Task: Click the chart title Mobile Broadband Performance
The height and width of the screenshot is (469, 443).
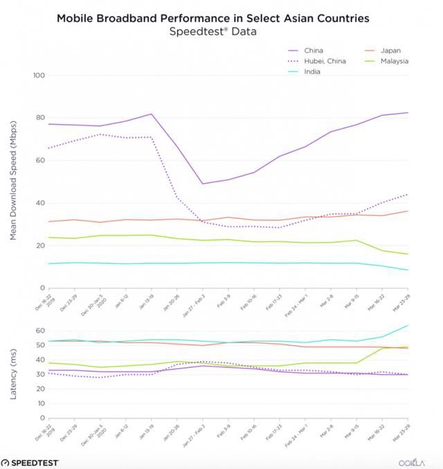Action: click(x=221, y=17)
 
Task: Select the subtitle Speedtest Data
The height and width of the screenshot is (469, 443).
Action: click(x=221, y=31)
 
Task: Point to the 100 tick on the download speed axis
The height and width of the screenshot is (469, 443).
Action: click(x=38, y=75)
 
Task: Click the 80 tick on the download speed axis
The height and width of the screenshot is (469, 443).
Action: click(x=39, y=118)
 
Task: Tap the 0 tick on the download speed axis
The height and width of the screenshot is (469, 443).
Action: click(x=42, y=288)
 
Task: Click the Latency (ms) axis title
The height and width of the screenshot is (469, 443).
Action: click(x=12, y=374)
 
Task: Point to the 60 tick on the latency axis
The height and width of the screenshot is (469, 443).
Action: click(x=39, y=330)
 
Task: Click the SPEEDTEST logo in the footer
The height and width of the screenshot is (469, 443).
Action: click(x=31, y=462)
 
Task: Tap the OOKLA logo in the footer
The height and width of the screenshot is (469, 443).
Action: click(x=415, y=462)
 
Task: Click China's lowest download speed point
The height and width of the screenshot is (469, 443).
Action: click(x=203, y=184)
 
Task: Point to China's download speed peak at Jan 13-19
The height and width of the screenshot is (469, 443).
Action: click(x=152, y=114)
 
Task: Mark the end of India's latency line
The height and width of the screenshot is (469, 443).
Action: click(x=408, y=326)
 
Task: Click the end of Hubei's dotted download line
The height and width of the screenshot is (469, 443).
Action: click(x=408, y=194)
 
